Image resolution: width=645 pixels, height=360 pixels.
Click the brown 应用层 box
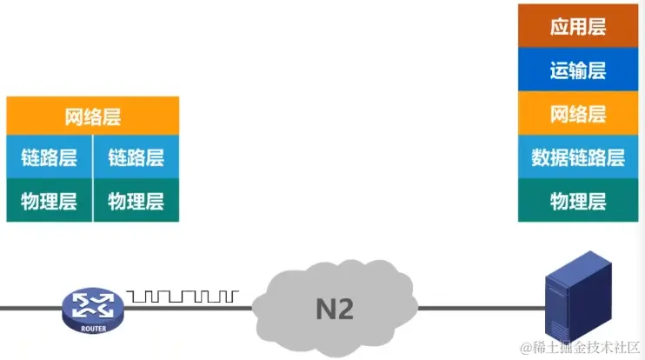pyautogui.click(x=578, y=26)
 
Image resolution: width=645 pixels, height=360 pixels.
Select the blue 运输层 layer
pyautogui.click(x=578, y=70)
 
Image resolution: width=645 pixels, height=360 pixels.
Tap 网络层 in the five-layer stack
pyautogui.click(x=578, y=113)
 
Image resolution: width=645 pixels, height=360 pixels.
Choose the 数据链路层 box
pyautogui.click(x=578, y=157)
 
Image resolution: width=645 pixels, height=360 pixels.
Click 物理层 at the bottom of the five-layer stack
pyautogui.click(x=578, y=202)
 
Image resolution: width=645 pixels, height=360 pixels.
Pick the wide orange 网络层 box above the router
pyautogui.click(x=92, y=116)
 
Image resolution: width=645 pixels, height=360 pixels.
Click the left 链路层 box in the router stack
pyautogui.click(x=49, y=157)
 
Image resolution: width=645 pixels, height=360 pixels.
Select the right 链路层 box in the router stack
pyautogui.click(x=136, y=157)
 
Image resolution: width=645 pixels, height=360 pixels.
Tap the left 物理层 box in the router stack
pyautogui.click(x=49, y=201)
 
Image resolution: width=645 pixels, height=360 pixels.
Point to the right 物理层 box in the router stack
pyautogui.click(x=136, y=201)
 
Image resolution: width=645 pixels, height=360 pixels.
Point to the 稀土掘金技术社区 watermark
pyautogui.click(x=580, y=348)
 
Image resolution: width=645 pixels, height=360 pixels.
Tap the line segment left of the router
pyautogui.click(x=30, y=307)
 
